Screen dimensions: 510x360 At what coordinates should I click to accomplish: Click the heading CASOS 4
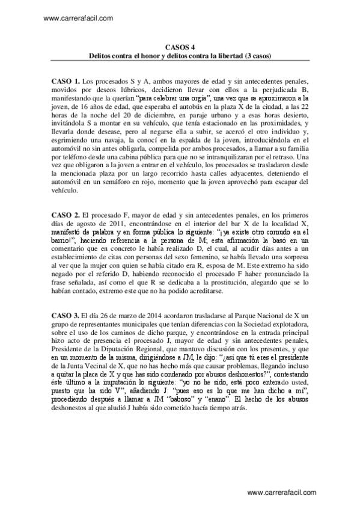tap(180, 47)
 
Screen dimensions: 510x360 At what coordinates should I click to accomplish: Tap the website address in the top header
tap(79, 18)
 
